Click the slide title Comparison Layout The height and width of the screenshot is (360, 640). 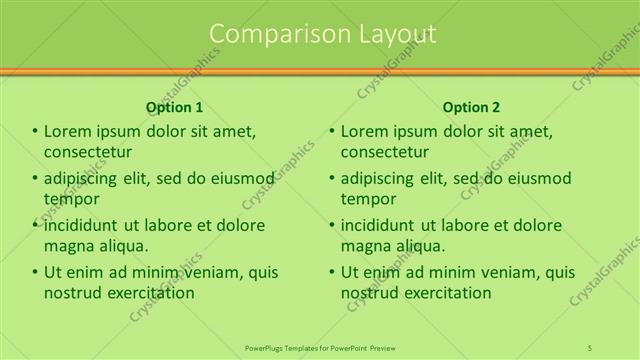coord(323,34)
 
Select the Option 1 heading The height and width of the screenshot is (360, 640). coord(174,107)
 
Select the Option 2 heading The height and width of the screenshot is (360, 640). coord(471,107)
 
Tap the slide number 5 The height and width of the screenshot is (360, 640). coord(591,347)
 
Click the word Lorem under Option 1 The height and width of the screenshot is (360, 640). coord(68,131)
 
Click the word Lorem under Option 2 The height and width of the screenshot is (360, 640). coord(365,131)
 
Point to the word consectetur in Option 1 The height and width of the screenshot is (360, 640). coord(88,152)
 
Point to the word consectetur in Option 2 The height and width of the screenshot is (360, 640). coord(385,152)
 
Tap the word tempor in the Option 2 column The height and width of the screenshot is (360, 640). coord(368,199)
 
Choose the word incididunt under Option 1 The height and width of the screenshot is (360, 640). coord(86,225)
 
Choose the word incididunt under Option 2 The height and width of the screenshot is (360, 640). coord(383,225)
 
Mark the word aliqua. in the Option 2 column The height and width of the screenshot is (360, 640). coord(421,246)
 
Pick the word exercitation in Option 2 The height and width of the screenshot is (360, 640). coord(444,293)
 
